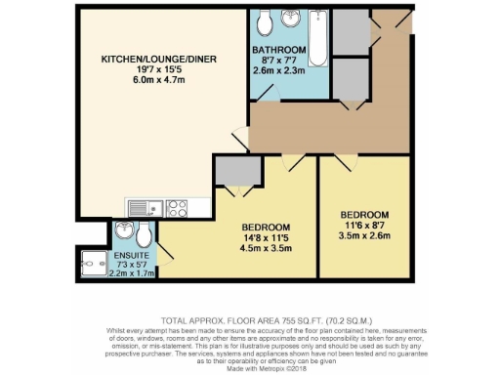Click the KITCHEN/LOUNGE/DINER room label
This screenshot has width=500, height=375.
pyautogui.click(x=147, y=60)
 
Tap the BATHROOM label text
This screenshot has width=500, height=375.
pyautogui.click(x=279, y=50)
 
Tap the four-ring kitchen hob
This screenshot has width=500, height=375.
pyautogui.click(x=177, y=208)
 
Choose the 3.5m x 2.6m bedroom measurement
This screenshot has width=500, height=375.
pyautogui.click(x=364, y=235)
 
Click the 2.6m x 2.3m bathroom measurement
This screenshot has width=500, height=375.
pyautogui.click(x=279, y=70)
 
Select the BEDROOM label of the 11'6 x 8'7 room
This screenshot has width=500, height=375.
pyautogui.click(x=364, y=214)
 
